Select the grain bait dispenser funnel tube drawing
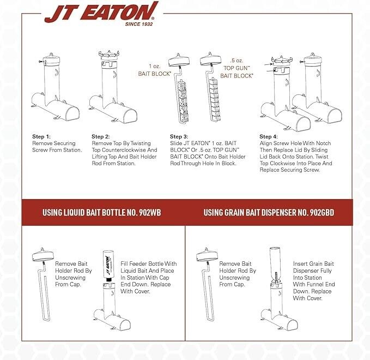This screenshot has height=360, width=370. pos(276,267)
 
